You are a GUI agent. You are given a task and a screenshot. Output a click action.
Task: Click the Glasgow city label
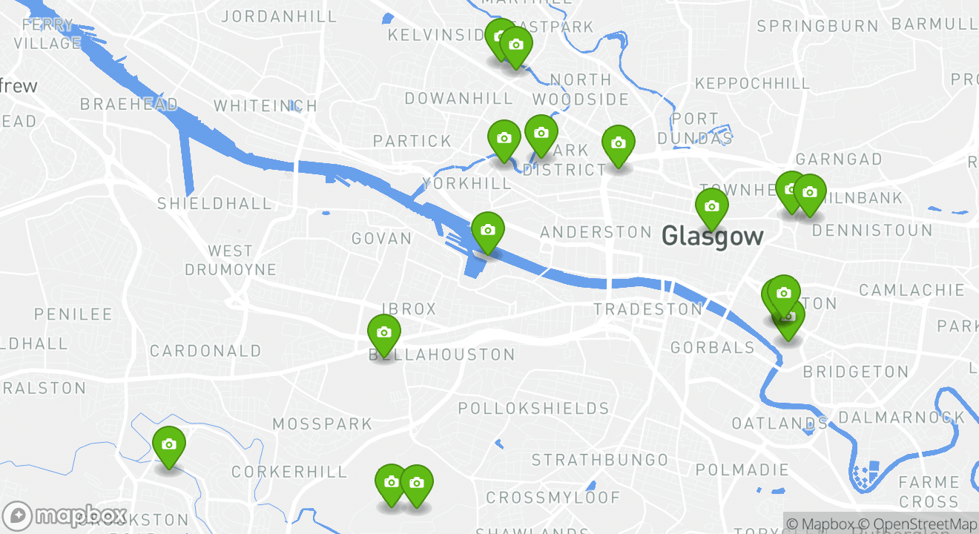(712, 237)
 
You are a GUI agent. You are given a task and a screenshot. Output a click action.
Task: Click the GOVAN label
(381, 239)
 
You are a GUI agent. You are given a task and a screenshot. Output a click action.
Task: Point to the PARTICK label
(412, 141)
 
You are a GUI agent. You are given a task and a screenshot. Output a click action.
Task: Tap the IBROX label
(409, 309)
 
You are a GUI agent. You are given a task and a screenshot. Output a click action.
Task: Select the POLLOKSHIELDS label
(533, 409)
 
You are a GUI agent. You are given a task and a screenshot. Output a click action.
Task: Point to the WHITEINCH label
(266, 106)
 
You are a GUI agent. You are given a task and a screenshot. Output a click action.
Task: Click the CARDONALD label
(205, 351)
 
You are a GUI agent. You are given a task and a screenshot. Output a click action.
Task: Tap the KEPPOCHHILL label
(752, 83)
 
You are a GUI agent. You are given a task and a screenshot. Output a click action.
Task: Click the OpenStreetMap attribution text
(924, 524)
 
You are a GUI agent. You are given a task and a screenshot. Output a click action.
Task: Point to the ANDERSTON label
(596, 233)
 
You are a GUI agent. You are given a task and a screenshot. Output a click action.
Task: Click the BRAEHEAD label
(129, 105)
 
